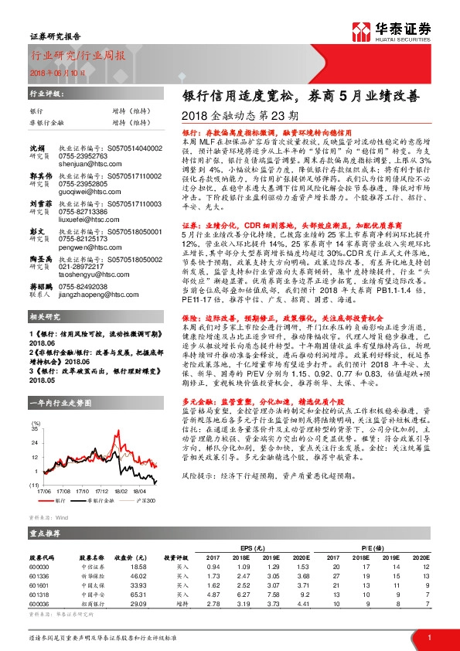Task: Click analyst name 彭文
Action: [x=37, y=230]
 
